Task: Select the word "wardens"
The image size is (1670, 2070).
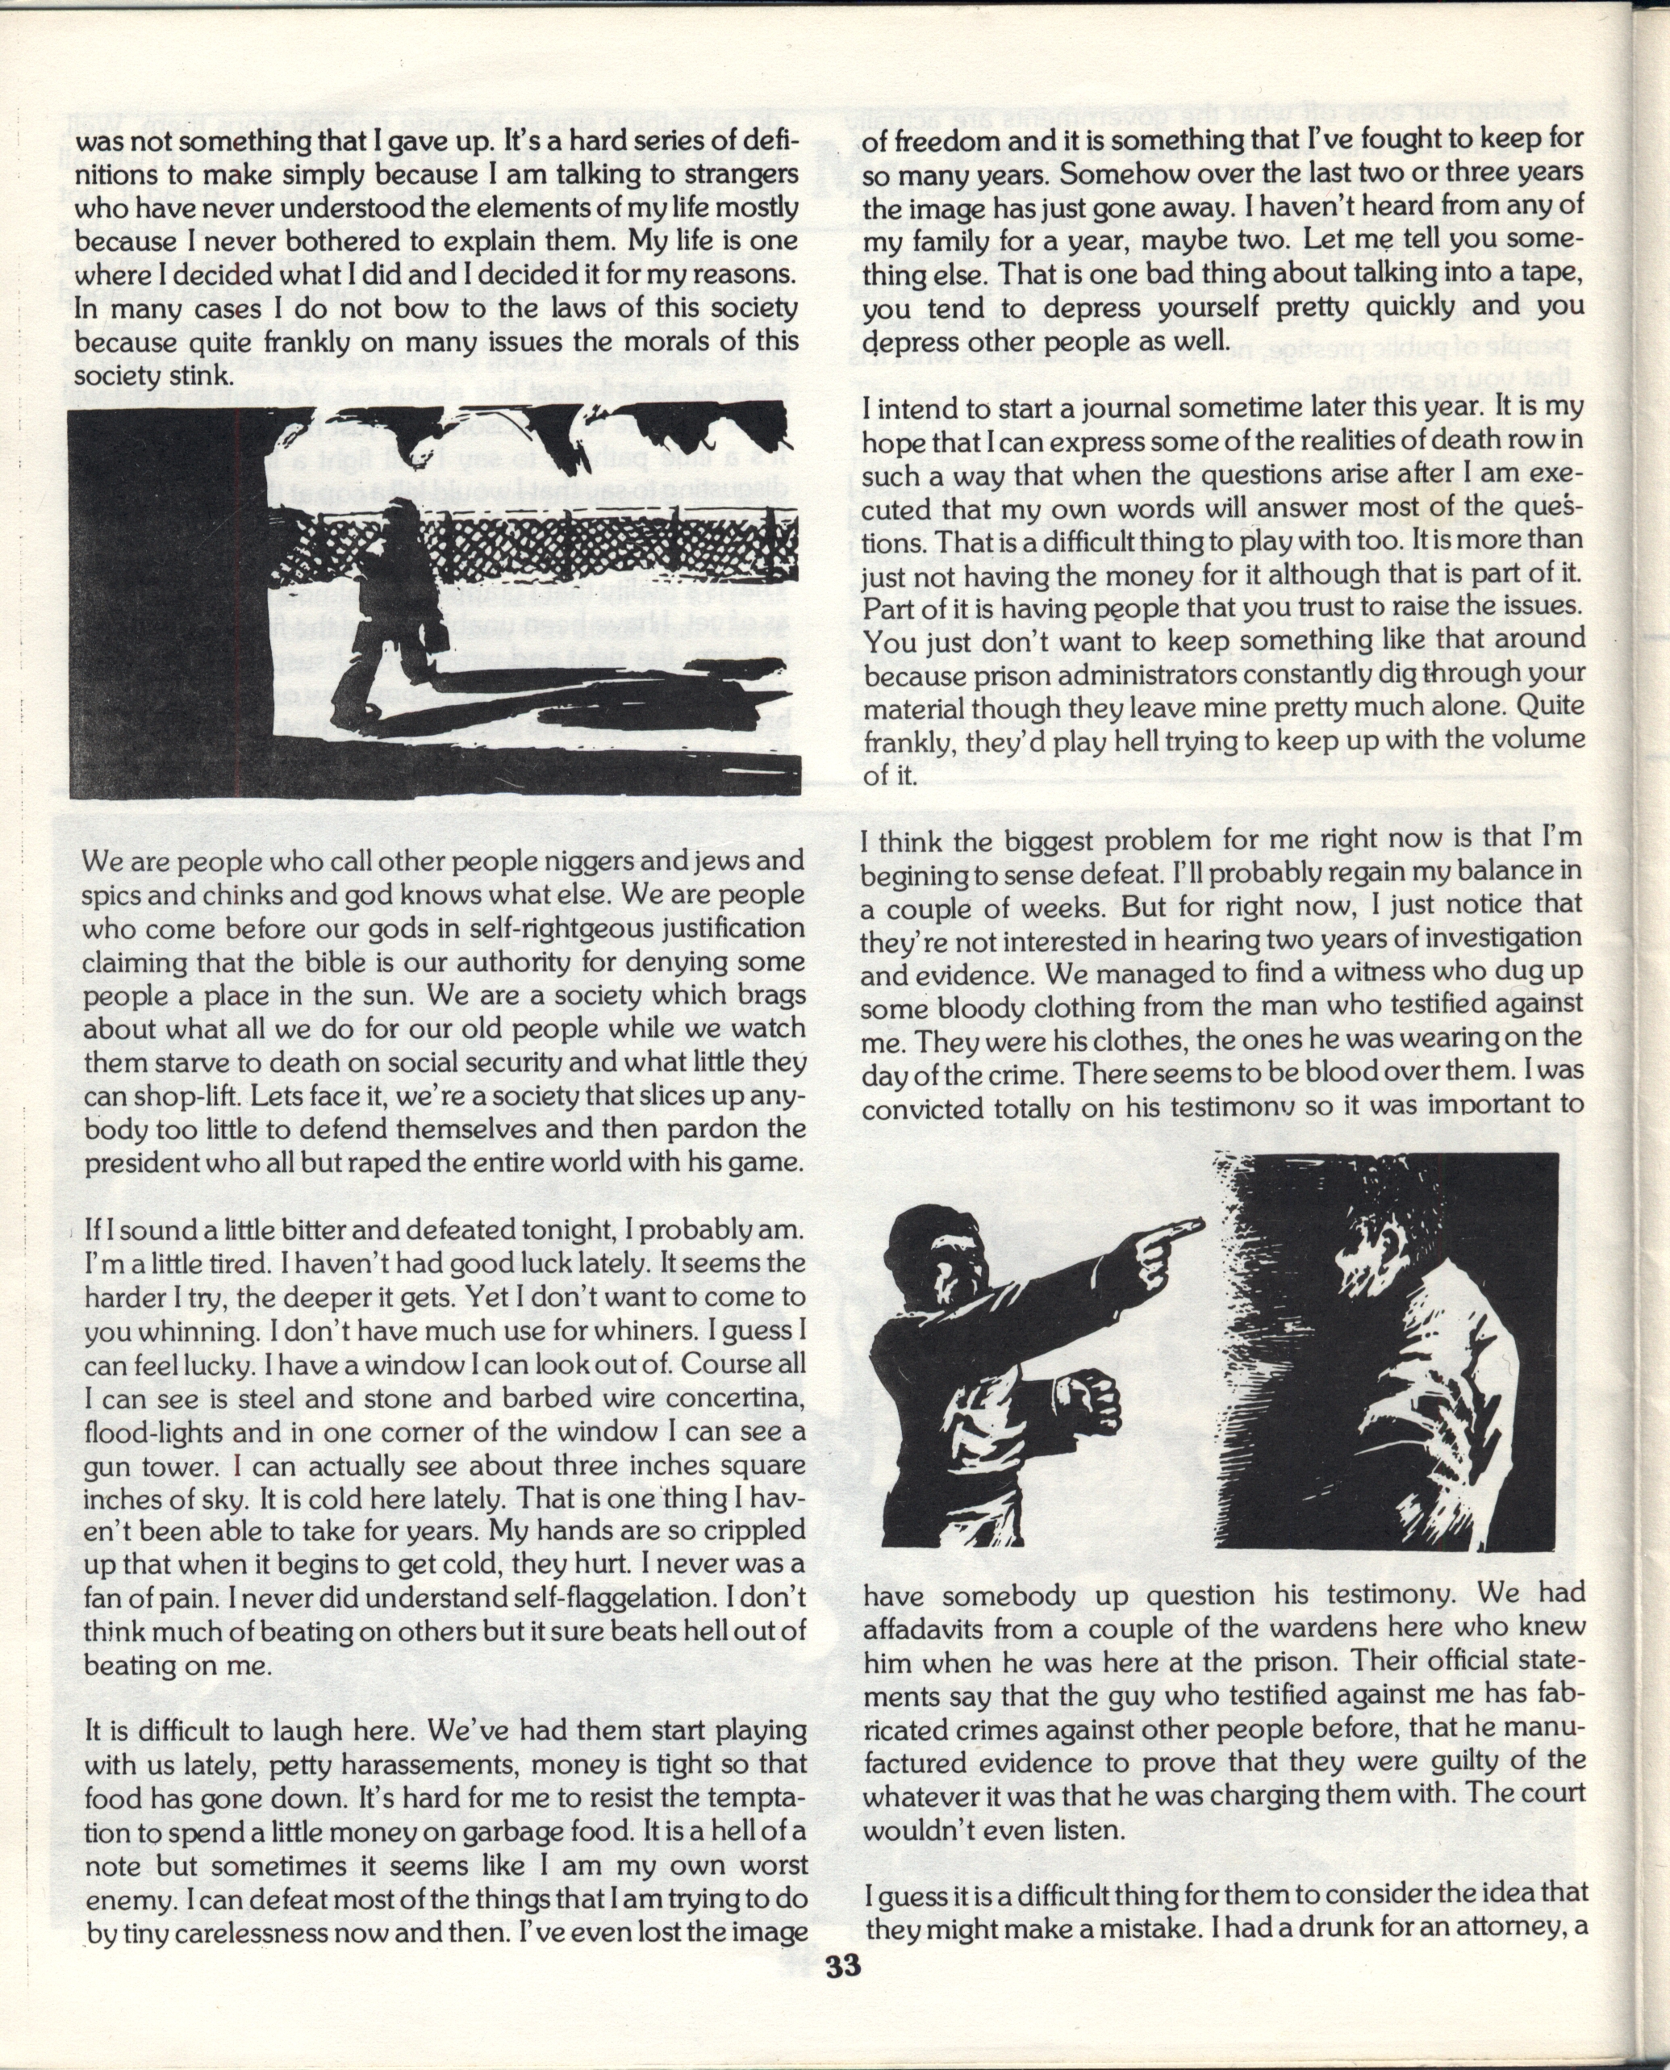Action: (1301, 1630)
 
